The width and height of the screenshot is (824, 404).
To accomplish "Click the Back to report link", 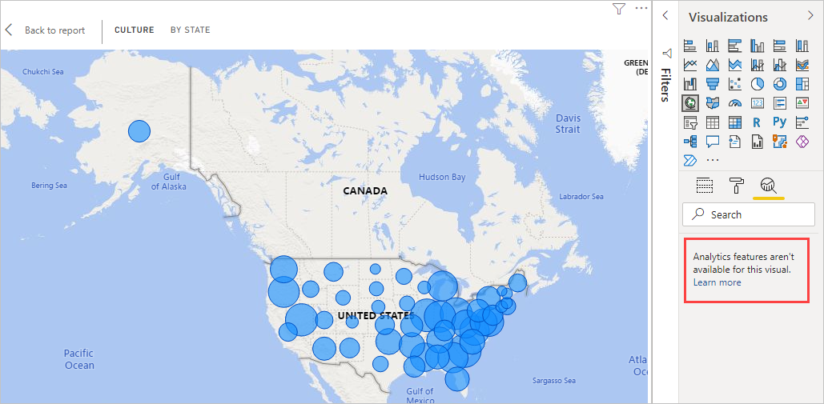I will (54, 30).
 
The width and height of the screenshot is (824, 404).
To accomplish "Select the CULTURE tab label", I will (134, 30).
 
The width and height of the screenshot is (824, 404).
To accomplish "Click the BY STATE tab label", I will (190, 30).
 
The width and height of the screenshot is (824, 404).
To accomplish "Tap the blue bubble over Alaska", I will (139, 131).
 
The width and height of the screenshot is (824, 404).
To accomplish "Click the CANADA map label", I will (364, 191).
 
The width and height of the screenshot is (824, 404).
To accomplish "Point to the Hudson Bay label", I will (441, 177).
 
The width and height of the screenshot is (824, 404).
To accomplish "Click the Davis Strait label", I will (568, 123).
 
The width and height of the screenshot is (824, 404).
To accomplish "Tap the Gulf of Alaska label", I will (168, 182).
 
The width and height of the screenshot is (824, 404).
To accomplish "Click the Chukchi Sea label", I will (42, 72).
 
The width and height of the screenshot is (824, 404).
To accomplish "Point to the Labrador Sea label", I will (581, 197).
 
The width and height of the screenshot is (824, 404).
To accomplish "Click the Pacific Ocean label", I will (79, 359).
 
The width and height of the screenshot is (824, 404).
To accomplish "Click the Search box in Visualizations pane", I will (748, 214).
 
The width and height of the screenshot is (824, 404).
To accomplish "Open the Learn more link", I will (717, 282).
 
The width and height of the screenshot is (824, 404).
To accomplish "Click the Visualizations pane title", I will (728, 17).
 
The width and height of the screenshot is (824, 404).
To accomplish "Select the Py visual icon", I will (780, 122).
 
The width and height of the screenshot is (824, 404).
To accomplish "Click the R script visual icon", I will (757, 122).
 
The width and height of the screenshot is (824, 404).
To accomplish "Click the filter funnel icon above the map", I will (618, 9).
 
